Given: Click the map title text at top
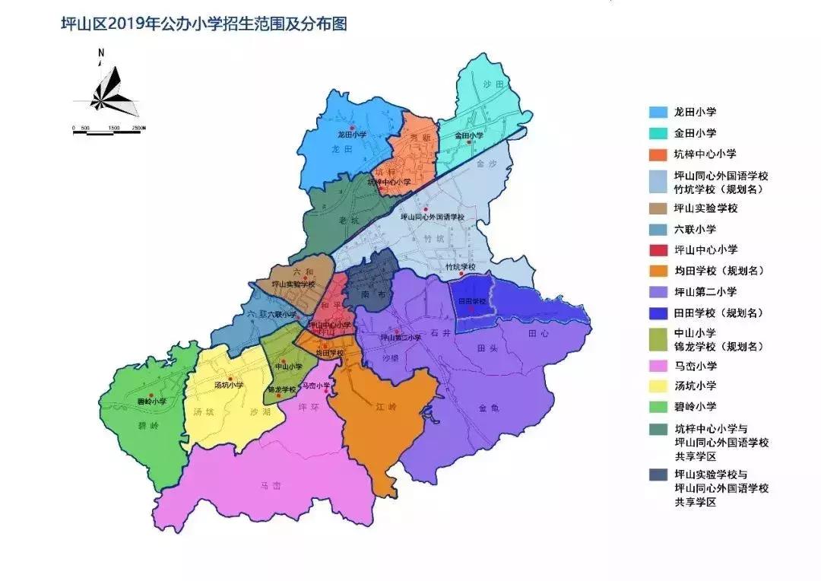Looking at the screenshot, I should (203, 24).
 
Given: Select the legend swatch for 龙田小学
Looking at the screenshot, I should (658, 112).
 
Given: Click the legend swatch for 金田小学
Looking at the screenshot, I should (658, 132).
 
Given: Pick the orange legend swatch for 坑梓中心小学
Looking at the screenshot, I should (658, 154).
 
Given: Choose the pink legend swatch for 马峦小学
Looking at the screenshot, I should (658, 366).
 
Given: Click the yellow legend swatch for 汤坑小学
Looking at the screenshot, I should (658, 386).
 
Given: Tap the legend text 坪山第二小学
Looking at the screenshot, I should (705, 291).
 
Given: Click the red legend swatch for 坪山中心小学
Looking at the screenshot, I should (658, 249).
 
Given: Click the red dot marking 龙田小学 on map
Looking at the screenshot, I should (353, 127).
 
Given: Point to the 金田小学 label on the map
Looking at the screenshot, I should (469, 135).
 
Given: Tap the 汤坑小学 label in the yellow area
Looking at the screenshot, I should (229, 385).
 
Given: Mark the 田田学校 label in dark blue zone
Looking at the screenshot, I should (471, 301).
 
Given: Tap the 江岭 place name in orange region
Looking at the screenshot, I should (386, 408).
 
